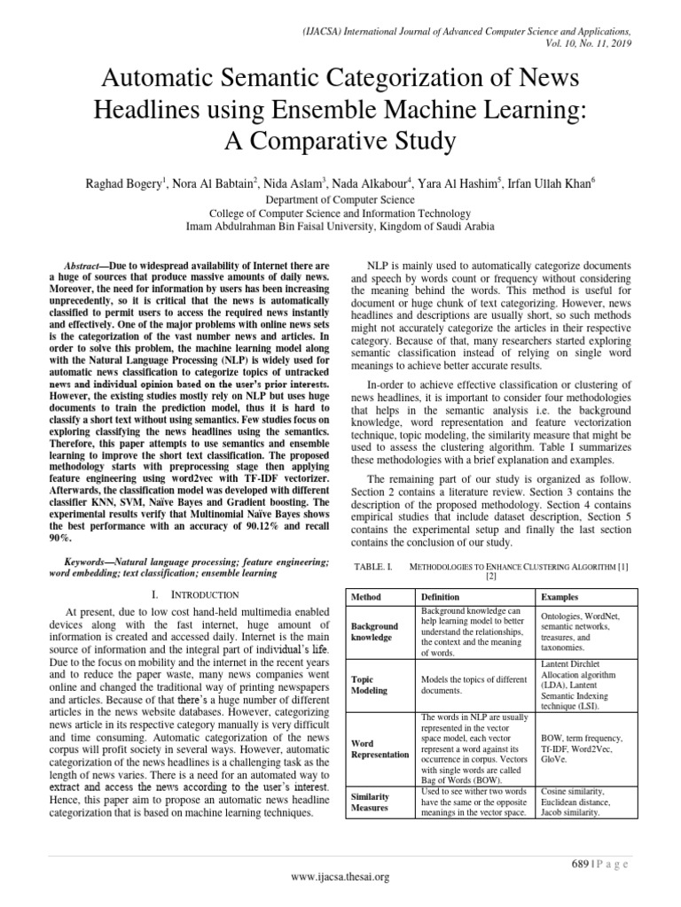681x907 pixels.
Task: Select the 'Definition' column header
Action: pos(440,598)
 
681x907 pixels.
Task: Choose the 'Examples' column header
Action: pos(560,598)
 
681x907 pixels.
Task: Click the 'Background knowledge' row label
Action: pos(376,632)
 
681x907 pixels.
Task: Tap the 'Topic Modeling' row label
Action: pos(371,684)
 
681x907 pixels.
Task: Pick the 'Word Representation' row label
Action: pos(380,750)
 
